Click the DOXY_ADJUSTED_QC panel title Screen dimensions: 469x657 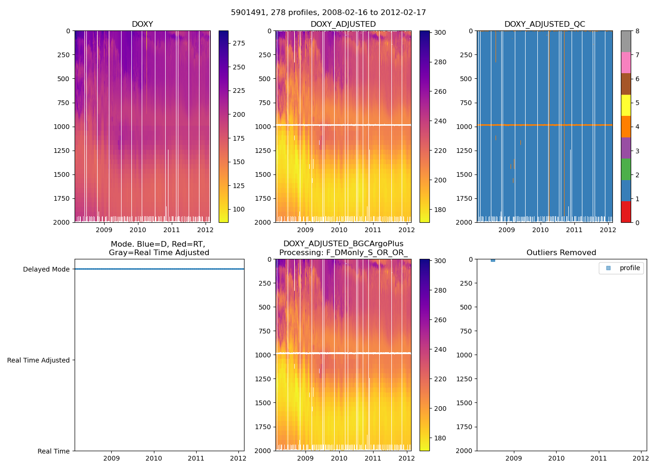pyautogui.click(x=544, y=24)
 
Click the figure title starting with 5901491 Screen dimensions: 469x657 pyautogui.click(x=328, y=13)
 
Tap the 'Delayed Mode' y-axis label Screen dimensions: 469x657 pyautogui.click(x=46, y=269)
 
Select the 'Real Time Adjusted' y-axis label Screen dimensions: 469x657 pyautogui.click(x=38, y=360)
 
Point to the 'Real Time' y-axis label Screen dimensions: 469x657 pyautogui.click(x=53, y=451)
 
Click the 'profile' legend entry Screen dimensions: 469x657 pyautogui.click(x=629, y=268)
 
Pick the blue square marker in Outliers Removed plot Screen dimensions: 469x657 pyautogui.click(x=493, y=260)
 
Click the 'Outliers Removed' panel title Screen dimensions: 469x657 pyautogui.click(x=561, y=253)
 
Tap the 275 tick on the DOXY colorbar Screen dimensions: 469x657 pyautogui.click(x=239, y=44)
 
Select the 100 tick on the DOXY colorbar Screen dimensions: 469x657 pyautogui.click(x=239, y=209)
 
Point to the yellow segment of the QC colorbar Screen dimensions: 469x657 pyautogui.click(x=626, y=105)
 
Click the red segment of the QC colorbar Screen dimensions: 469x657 pyautogui.click(x=626, y=212)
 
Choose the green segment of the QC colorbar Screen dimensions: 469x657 pyautogui.click(x=626, y=169)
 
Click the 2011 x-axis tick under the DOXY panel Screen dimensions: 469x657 pyautogui.click(x=171, y=230)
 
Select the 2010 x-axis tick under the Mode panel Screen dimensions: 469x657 pyautogui.click(x=153, y=458)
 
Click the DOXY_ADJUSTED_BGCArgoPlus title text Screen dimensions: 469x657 pyautogui.click(x=343, y=244)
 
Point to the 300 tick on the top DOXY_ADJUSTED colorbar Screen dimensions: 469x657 pyautogui.click(x=440, y=32)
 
